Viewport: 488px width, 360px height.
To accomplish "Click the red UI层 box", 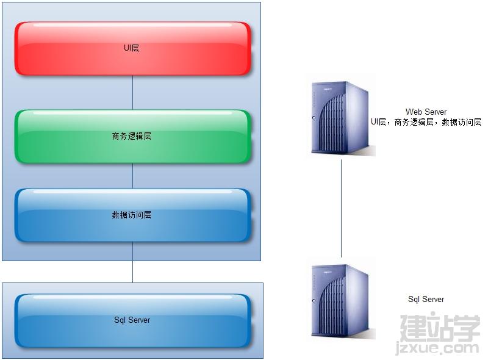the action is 132,48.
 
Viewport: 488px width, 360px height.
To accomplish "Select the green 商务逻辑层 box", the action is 132,137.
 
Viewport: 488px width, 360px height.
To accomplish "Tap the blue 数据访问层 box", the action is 132,215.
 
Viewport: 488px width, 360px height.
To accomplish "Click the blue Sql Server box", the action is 132,320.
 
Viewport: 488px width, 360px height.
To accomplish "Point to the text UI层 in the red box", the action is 131,48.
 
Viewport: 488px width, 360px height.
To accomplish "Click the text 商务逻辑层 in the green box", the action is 131,136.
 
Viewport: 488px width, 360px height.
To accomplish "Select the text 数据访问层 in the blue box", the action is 131,215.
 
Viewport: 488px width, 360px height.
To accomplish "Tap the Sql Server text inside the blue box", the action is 132,320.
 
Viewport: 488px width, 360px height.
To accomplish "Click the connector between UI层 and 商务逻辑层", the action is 133,93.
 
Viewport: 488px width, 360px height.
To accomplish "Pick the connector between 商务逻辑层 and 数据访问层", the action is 133,176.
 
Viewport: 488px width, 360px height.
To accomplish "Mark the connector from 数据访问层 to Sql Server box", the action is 133,262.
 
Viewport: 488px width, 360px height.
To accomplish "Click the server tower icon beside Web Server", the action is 342,118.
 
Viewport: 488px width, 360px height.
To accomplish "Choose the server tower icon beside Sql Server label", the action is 342,301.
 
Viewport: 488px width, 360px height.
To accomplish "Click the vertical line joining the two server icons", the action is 342,208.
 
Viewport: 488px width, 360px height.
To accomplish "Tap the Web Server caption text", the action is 426,112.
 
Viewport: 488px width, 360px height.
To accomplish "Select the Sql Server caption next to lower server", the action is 426,299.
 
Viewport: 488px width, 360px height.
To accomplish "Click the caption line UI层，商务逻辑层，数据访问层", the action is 426,122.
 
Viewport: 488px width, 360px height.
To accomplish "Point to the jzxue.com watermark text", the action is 437,348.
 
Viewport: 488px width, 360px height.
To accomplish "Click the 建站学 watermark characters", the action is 440,328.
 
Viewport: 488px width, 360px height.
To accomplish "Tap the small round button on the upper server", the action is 314,118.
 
